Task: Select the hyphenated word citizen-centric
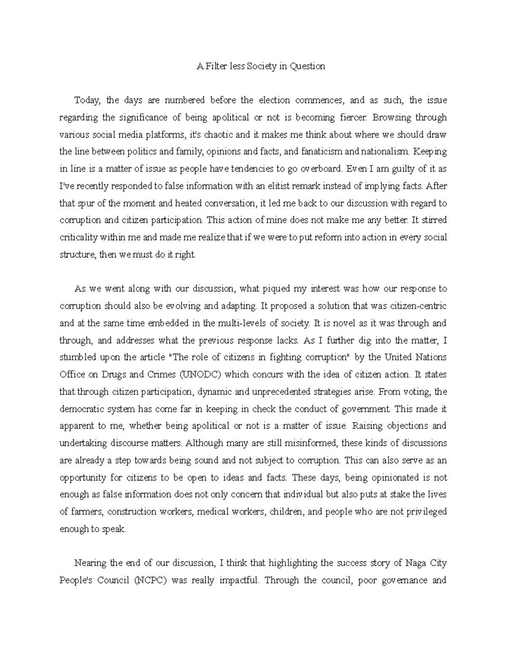point(418,306)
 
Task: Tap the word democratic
point(80,409)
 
